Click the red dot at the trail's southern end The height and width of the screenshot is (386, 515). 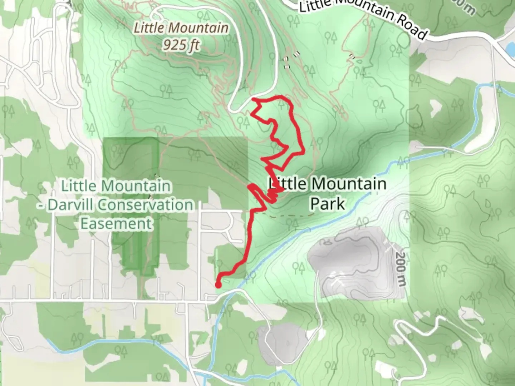(x=217, y=285)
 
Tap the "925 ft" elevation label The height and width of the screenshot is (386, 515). (x=181, y=45)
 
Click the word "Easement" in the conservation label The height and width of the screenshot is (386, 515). (x=117, y=224)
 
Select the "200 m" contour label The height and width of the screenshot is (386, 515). (x=401, y=269)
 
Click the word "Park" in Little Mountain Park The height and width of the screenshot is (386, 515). (x=327, y=204)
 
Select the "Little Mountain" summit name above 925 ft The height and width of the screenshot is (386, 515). (x=181, y=28)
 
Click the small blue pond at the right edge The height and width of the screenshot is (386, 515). (x=510, y=47)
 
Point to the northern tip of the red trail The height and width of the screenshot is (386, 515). (x=253, y=98)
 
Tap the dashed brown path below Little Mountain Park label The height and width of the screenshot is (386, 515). (x=290, y=216)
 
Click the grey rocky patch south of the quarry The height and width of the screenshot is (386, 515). (x=283, y=340)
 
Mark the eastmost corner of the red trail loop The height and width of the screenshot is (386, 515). (x=304, y=152)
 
